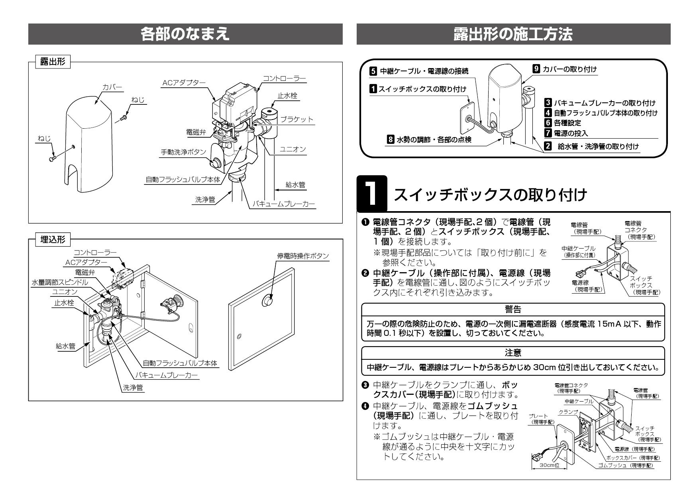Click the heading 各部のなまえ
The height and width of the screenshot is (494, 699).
(x=185, y=34)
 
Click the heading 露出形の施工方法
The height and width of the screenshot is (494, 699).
(x=513, y=34)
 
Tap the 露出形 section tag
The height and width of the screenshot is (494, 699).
(x=53, y=62)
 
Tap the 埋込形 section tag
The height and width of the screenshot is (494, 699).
(x=53, y=239)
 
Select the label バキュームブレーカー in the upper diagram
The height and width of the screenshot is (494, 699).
(x=283, y=204)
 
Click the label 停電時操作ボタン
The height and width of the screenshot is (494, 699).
(x=303, y=256)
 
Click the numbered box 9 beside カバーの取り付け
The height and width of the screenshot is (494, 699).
(x=536, y=69)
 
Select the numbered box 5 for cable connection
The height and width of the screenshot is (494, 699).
(x=373, y=71)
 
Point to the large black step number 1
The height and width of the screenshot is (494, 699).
(x=371, y=194)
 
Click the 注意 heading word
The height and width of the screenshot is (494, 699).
(x=512, y=353)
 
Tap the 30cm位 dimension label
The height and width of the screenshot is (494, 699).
(x=550, y=465)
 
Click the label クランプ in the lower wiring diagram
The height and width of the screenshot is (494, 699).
(x=568, y=412)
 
